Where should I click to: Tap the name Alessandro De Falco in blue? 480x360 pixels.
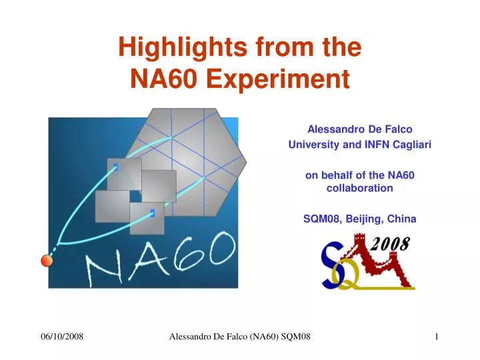pyautogui.click(x=360, y=129)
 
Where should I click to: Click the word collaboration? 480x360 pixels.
pyautogui.click(x=360, y=189)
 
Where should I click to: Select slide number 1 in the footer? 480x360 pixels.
pyautogui.click(x=437, y=337)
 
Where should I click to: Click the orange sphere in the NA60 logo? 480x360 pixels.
pyautogui.click(x=47, y=260)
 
